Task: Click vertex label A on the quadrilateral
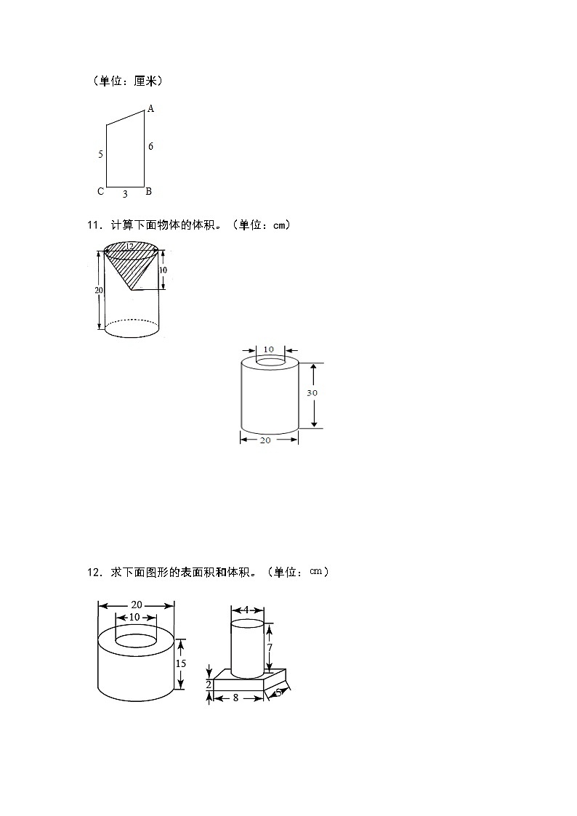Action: (150, 109)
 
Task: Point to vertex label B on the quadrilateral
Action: (148, 192)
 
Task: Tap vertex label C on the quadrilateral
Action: (100, 192)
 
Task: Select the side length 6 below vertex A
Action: (150, 146)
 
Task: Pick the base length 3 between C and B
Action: (125, 194)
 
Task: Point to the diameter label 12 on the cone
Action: (129, 247)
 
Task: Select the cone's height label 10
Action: (163, 270)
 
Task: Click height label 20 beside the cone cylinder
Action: (99, 290)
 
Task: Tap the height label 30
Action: (312, 392)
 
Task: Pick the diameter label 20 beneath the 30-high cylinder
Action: (265, 440)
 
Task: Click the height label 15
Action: (181, 663)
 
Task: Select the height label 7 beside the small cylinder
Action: (269, 647)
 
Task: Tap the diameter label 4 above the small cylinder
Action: (246, 610)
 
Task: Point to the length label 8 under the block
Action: (236, 697)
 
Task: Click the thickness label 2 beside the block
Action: (209, 684)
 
